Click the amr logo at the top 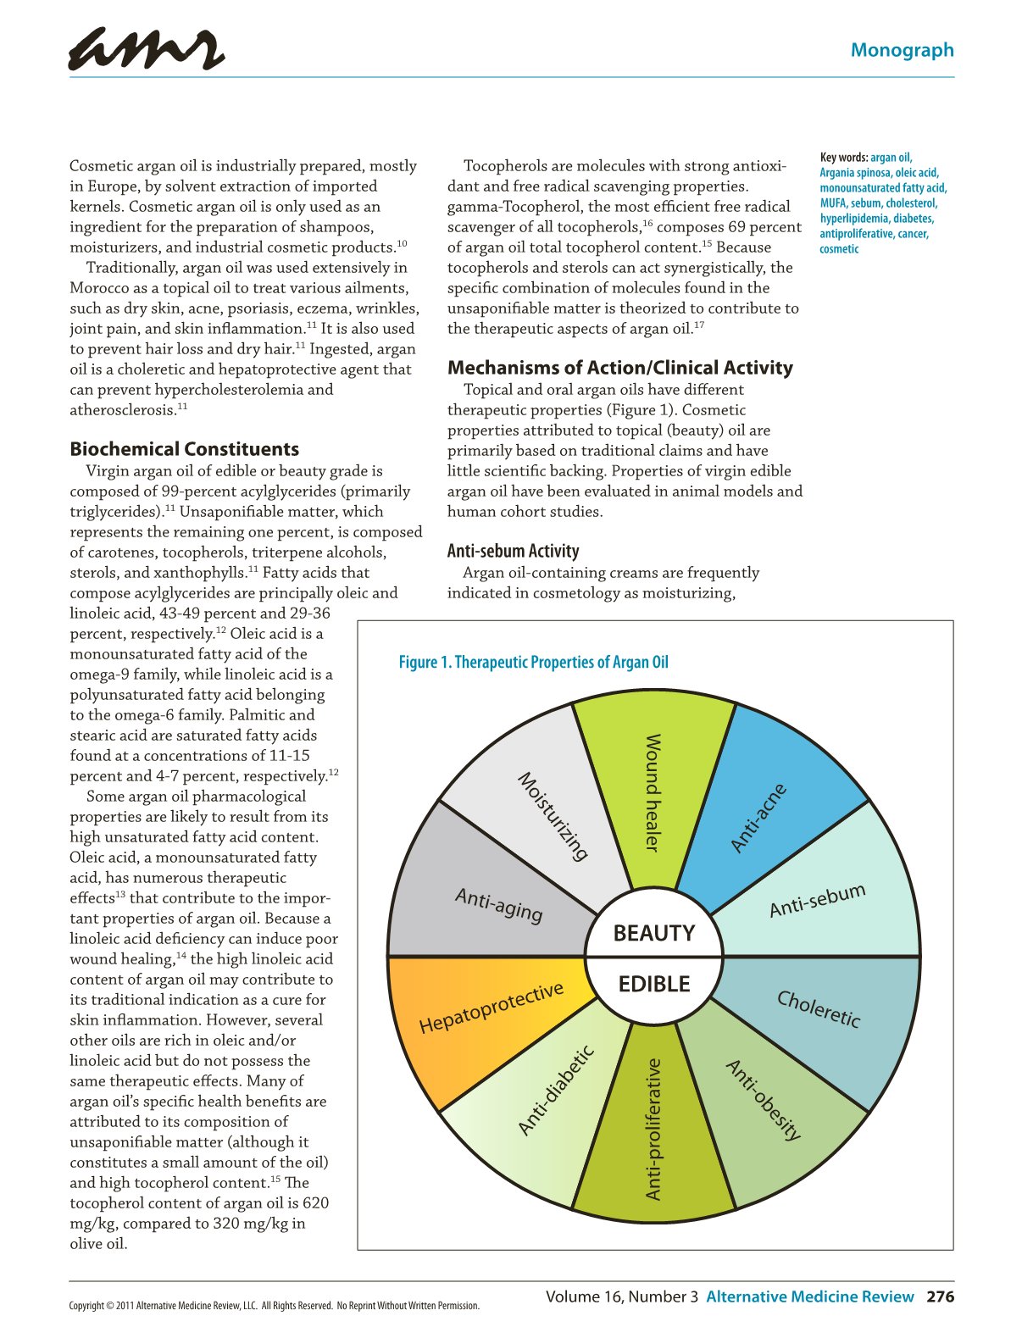tap(146, 48)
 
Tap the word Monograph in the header tap(902, 50)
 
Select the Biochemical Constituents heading tap(184, 449)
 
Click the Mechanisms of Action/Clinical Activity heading tap(619, 368)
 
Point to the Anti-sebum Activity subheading tap(513, 551)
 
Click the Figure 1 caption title tap(533, 662)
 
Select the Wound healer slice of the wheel tap(653, 792)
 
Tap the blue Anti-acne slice tap(759, 818)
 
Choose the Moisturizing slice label tap(553, 815)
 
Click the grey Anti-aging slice tap(498, 904)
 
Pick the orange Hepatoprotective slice tap(492, 1008)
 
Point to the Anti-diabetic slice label tap(555, 1091)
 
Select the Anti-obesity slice tap(763, 1099)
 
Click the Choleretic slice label tap(819, 1008)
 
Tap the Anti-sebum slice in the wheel tap(817, 900)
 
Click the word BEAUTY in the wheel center tap(653, 933)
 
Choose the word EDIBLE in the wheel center tap(653, 984)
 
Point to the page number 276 tap(940, 1296)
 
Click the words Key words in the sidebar tap(843, 158)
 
